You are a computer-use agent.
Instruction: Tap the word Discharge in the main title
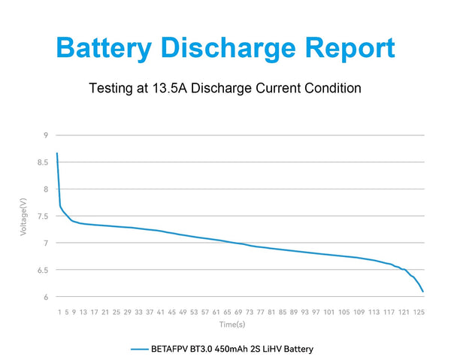(x=239, y=48)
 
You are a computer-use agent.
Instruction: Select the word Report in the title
(x=350, y=48)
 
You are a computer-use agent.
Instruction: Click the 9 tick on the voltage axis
(x=46, y=135)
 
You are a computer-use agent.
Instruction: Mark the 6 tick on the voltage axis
(x=46, y=297)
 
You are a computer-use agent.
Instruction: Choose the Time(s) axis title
(x=233, y=325)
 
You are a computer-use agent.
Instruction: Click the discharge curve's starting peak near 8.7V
(x=57, y=154)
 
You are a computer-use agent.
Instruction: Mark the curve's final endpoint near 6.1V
(x=423, y=291)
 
